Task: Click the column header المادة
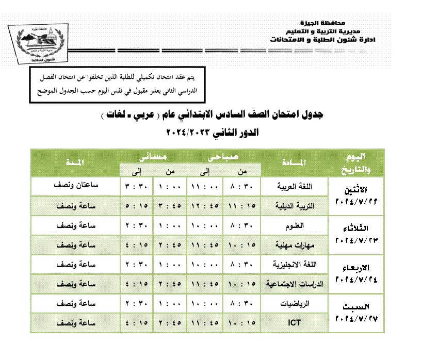click(x=295, y=163)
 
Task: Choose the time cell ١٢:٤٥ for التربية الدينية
click(x=206, y=206)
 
